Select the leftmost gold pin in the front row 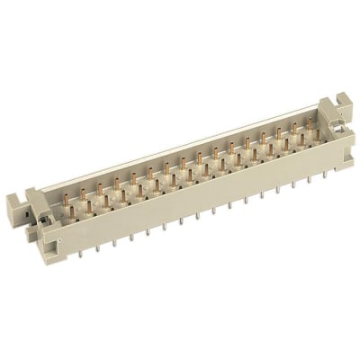[73, 214]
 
